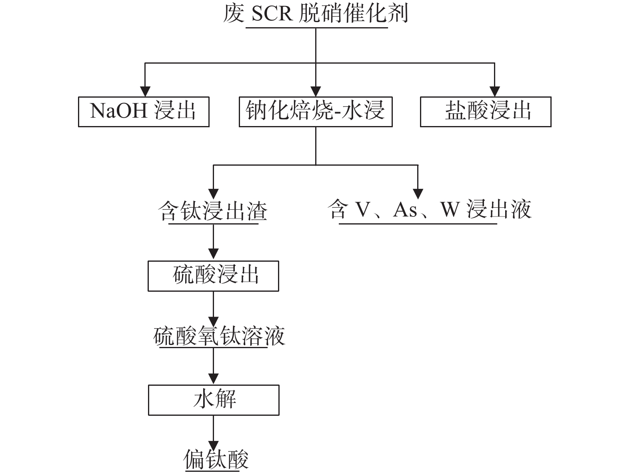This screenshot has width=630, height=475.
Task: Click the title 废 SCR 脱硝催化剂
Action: coord(316,14)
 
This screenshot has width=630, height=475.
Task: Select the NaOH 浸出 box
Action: coord(144,112)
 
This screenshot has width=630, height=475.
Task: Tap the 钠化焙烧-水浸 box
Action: coord(316,112)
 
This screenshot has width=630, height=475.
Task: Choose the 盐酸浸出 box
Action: coord(485,112)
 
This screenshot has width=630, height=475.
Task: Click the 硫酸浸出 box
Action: coord(213,276)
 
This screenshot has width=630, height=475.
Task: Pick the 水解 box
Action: coord(214,400)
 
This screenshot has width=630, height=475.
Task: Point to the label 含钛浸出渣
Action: coord(213,211)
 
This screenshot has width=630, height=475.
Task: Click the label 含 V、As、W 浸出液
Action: coord(430,210)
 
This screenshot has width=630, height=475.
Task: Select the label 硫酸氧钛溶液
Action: coord(219,336)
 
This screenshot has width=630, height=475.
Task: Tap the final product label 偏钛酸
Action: coord(216,459)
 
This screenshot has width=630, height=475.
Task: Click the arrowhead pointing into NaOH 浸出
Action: coord(145,92)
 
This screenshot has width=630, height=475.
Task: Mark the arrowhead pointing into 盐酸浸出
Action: coord(495,92)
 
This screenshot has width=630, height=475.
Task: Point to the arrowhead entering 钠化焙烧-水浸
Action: coord(316,92)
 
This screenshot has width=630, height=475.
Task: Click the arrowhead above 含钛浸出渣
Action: coord(214,193)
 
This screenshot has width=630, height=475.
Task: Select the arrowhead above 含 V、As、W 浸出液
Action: coord(418,193)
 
